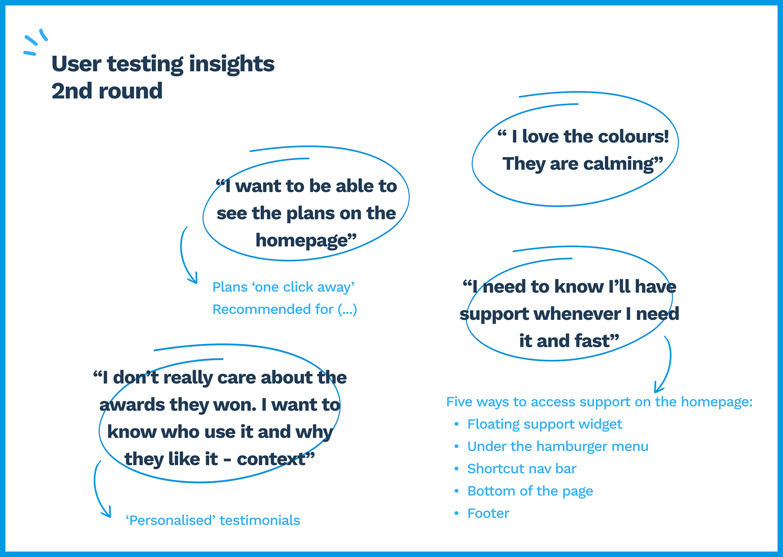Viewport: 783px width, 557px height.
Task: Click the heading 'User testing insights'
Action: (163, 64)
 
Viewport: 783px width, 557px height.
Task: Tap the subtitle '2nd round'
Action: (107, 91)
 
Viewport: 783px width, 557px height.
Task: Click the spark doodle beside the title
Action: (35, 42)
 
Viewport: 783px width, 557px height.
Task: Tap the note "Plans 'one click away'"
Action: (283, 287)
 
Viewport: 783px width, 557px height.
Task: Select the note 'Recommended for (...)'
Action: (285, 309)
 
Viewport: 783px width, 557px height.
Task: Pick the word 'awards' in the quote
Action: (132, 405)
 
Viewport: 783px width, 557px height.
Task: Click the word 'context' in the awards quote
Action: (271, 459)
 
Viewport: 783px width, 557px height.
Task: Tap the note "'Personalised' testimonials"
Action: (213, 520)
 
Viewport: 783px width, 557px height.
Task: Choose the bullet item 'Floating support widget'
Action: (545, 424)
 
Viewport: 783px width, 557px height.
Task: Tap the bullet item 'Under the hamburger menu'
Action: (558, 446)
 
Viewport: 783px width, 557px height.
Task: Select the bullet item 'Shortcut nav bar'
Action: (522, 469)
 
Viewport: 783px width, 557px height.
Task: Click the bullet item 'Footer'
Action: (488, 513)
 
